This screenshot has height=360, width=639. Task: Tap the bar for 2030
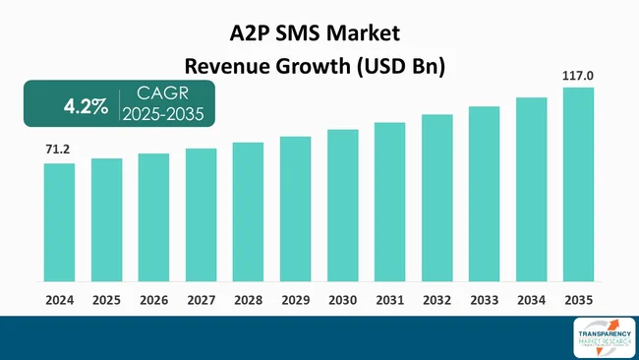click(x=342, y=207)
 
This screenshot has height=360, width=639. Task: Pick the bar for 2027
click(x=201, y=215)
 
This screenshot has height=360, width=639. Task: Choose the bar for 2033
click(x=484, y=195)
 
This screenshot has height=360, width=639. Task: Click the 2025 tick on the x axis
click(x=106, y=299)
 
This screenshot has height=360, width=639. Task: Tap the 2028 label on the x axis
click(x=248, y=299)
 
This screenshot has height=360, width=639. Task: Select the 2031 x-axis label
click(x=389, y=299)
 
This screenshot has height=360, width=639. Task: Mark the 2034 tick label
click(x=531, y=299)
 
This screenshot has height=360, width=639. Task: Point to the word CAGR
click(x=161, y=94)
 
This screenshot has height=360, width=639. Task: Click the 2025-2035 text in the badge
click(x=162, y=115)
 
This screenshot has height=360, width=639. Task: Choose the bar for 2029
click(x=295, y=210)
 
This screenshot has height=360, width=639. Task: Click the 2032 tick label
click(x=436, y=299)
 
